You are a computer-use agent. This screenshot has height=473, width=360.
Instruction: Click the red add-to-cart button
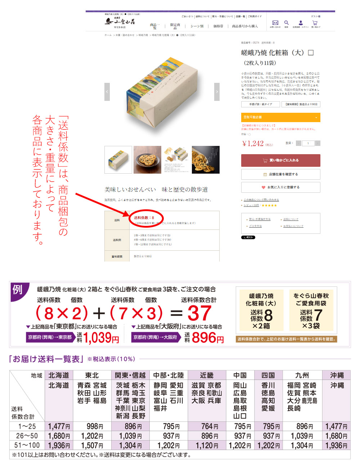(x=280, y=160)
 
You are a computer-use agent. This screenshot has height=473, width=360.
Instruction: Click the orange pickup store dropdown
(x=280, y=117)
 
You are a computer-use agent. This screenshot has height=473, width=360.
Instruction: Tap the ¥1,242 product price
(x=253, y=143)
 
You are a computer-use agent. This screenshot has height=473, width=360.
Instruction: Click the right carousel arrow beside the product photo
(x=217, y=92)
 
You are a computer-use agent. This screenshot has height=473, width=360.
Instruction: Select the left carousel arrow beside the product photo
(x=107, y=92)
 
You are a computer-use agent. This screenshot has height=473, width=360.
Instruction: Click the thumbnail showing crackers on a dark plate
(x=147, y=160)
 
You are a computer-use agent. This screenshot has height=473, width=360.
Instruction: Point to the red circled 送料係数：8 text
(x=144, y=218)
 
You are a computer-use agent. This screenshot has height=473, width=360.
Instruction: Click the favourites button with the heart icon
(x=280, y=187)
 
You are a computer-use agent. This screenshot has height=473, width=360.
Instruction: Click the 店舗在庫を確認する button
(x=280, y=174)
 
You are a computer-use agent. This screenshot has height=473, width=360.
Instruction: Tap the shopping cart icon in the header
(x=315, y=23)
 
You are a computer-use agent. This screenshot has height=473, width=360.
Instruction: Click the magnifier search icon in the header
(x=287, y=23)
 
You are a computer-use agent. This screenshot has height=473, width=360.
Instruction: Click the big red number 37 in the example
(x=199, y=313)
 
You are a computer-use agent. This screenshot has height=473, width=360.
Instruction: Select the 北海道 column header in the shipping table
(x=59, y=375)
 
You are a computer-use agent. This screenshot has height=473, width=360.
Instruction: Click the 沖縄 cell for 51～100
(x=336, y=445)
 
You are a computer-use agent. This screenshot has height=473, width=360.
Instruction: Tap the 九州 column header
(x=302, y=375)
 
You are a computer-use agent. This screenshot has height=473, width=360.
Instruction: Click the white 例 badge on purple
(x=17, y=289)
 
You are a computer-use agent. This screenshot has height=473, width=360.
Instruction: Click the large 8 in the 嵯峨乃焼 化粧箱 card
(x=268, y=316)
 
